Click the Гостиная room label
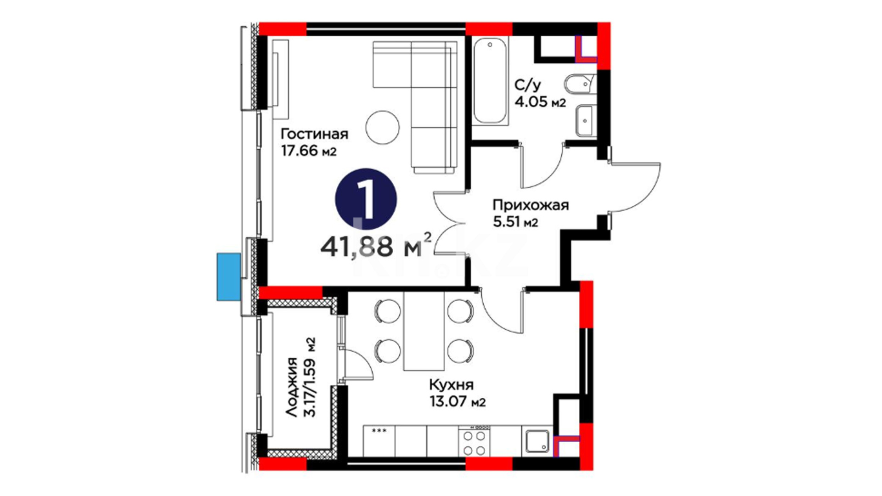pyautogui.click(x=314, y=134)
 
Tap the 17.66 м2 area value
pyautogui.click(x=309, y=151)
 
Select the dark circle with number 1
pyautogui.click(x=366, y=198)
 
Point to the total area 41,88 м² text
pyautogui.click(x=376, y=247)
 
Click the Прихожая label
pyautogui.click(x=531, y=205)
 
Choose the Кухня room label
pyautogui.click(x=451, y=385)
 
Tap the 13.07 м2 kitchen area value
pyautogui.click(x=458, y=402)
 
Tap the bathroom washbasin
pyautogui.click(x=585, y=120)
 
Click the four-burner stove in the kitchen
pyautogui.click(x=474, y=441)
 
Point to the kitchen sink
pyautogui.click(x=537, y=441)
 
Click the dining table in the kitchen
pyautogui.click(x=424, y=331)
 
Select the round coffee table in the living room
pyautogui.click(x=383, y=127)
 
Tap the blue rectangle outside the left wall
pyautogui.click(x=228, y=277)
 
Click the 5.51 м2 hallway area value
pyautogui.click(x=515, y=222)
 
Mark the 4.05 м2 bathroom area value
pyautogui.click(x=540, y=102)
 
